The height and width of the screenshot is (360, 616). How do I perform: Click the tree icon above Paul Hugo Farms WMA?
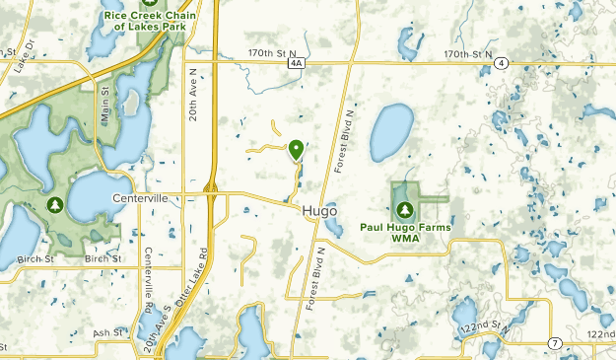point(404,208)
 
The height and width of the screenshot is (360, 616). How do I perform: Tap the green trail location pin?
point(296,150)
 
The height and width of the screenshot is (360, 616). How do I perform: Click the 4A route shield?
point(296,62)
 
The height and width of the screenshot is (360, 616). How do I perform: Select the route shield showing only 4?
point(503,62)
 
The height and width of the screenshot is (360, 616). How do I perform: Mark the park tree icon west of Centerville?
point(55,205)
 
